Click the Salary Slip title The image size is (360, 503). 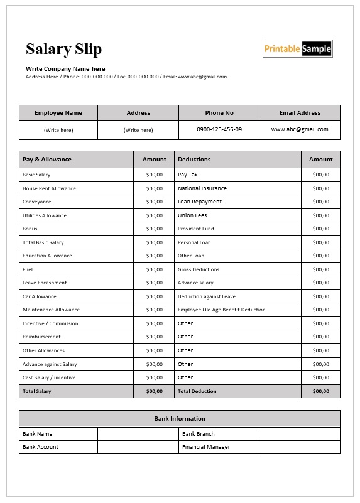(x=63, y=49)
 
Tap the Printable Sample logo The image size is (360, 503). (x=297, y=49)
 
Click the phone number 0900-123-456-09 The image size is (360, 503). (x=219, y=129)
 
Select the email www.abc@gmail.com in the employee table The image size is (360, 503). (x=300, y=129)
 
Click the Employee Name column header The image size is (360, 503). (x=58, y=113)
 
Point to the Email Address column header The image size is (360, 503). (x=300, y=113)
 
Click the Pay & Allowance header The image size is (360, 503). (x=47, y=160)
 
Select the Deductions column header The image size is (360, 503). (x=194, y=160)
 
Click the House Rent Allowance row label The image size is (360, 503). (x=49, y=188)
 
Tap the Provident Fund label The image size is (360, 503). (x=195, y=229)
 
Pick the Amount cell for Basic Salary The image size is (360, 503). (x=154, y=175)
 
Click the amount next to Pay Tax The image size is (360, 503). (x=320, y=175)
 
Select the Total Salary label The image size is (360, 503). (x=37, y=391)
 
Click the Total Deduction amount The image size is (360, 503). (x=320, y=391)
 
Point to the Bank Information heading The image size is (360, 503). (x=180, y=419)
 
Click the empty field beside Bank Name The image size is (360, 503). (x=138, y=434)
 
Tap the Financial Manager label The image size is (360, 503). (x=205, y=447)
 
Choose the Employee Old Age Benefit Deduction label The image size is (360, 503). (x=221, y=310)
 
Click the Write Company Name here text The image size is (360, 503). (x=65, y=69)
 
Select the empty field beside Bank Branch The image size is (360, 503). (x=299, y=434)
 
